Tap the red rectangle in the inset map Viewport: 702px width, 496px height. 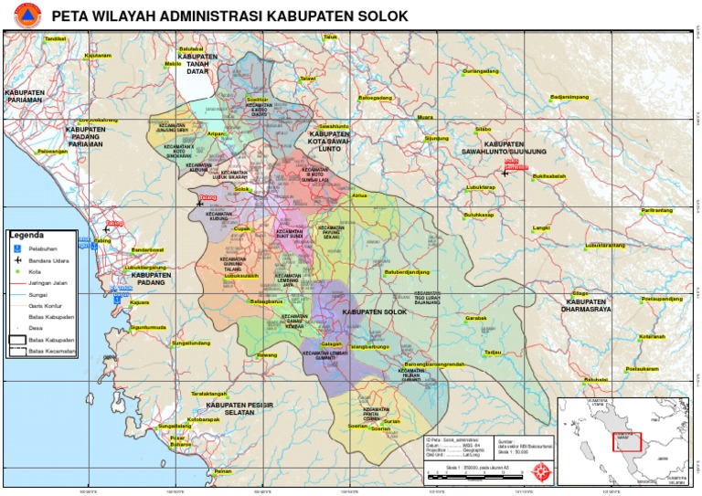tap(626, 442)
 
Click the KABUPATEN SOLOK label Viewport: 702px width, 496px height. tap(373, 312)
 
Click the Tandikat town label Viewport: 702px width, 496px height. tap(56, 38)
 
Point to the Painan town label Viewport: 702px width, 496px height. tap(222, 471)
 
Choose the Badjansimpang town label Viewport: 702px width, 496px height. tap(569, 96)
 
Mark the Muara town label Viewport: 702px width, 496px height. tap(425, 117)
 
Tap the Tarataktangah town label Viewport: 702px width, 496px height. tap(208, 393)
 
